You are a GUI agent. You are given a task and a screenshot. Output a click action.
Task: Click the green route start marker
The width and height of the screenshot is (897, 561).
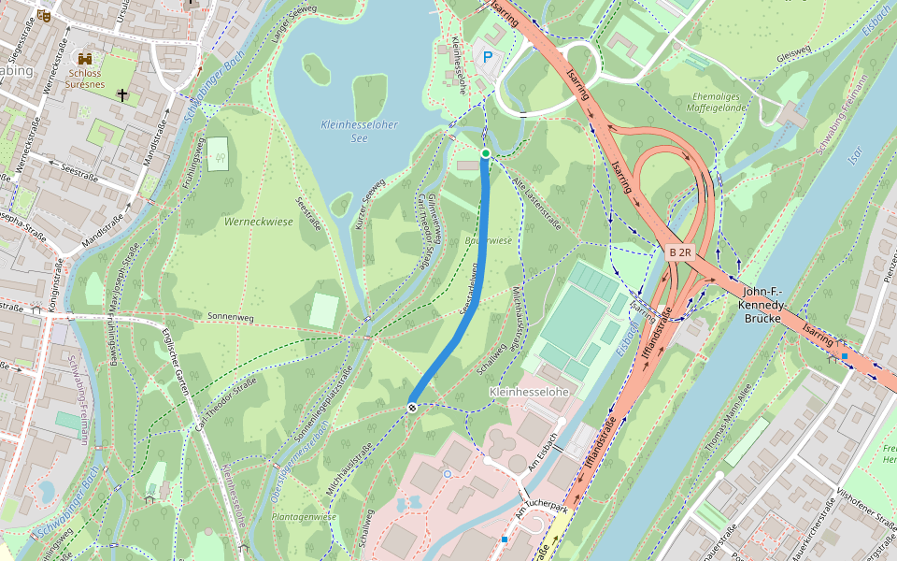(x=485, y=152)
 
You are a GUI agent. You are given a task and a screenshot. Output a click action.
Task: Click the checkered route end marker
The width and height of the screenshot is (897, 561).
(x=411, y=407)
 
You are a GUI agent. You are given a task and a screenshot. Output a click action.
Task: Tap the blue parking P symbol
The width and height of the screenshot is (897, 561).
(x=487, y=58)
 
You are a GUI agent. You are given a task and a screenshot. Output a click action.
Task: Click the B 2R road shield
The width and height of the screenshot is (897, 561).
(x=681, y=253)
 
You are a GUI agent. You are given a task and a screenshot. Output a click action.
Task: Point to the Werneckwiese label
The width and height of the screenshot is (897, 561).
(x=259, y=222)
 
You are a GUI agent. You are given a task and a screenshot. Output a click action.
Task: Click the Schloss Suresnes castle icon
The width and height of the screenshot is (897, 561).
(x=85, y=58)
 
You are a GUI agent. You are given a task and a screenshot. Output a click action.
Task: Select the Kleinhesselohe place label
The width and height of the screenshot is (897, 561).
(x=529, y=392)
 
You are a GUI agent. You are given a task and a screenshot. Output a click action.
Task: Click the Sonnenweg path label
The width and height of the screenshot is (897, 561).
(x=231, y=317)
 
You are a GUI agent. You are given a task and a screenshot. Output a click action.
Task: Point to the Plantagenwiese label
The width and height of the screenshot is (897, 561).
(x=303, y=516)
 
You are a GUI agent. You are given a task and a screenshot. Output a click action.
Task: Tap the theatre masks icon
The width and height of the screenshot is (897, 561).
(x=44, y=16)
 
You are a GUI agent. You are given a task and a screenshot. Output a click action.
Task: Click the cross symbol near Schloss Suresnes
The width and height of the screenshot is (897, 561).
(x=121, y=94)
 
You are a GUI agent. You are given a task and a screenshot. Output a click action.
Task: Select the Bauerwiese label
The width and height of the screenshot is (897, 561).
(x=488, y=240)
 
